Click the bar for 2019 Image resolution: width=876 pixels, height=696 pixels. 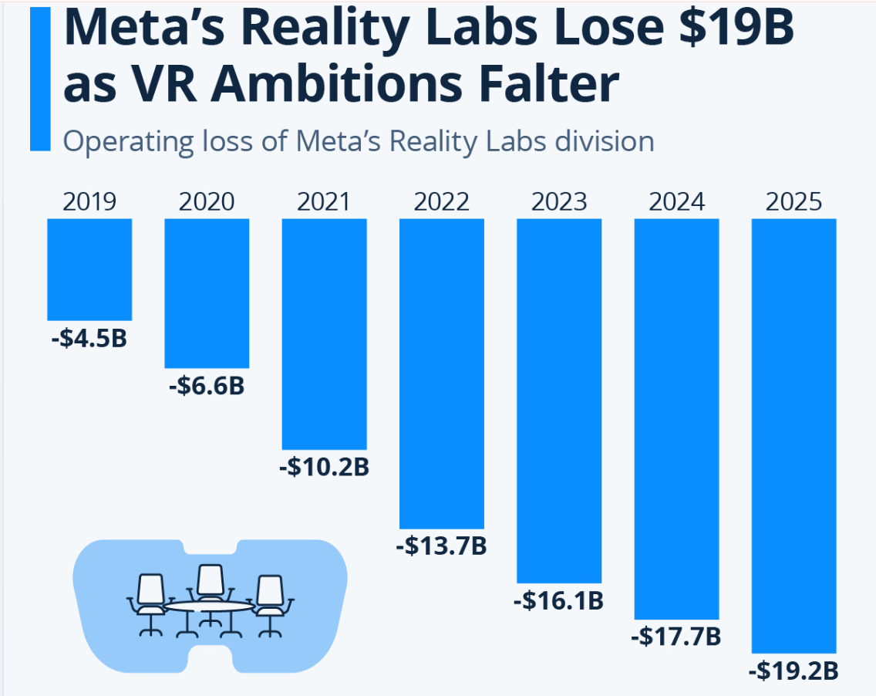tap(89, 269)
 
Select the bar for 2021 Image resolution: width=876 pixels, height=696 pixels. tap(324, 333)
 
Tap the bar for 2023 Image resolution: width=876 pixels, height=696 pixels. tap(558, 400)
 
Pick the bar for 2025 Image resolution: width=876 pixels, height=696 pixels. tap(793, 436)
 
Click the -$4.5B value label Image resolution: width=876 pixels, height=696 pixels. tap(89, 338)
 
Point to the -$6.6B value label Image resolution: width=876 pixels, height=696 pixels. tap(206, 385)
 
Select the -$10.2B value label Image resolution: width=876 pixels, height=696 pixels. tap(324, 467)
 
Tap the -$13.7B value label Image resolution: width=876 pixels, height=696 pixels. tap(441, 546)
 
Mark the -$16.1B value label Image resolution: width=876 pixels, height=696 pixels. tap(558, 600)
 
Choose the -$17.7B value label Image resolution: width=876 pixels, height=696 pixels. tap(676, 637)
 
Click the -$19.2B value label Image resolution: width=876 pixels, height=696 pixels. tap(793, 671)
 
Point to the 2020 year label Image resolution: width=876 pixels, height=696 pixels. tap(207, 202)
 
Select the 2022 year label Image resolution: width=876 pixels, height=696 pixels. tap(441, 202)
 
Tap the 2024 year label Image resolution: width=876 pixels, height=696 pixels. tap(676, 202)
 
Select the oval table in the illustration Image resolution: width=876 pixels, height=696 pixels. tap(210, 607)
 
